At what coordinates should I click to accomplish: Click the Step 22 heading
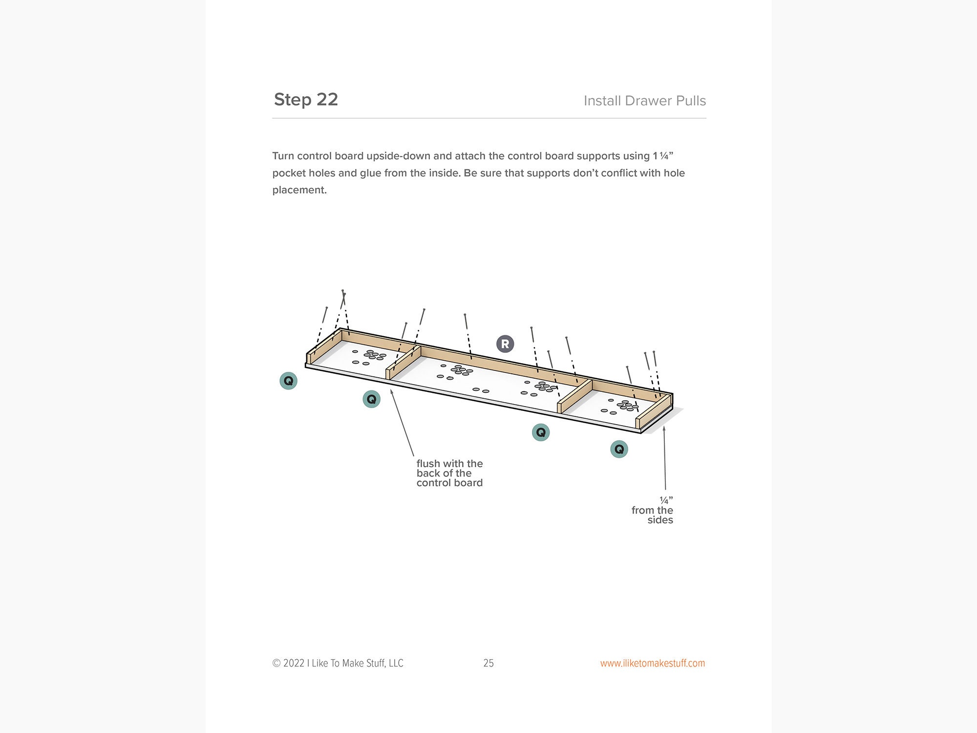pyautogui.click(x=306, y=99)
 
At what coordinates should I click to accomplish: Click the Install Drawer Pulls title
pyautogui.click(x=644, y=101)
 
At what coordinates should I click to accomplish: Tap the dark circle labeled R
pyautogui.click(x=505, y=344)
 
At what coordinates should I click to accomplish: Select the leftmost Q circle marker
pyautogui.click(x=288, y=381)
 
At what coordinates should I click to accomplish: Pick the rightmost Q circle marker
pyautogui.click(x=619, y=449)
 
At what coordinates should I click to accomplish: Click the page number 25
pyautogui.click(x=488, y=663)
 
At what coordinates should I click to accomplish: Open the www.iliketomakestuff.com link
pyautogui.click(x=652, y=663)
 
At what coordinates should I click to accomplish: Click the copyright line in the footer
pyautogui.click(x=338, y=663)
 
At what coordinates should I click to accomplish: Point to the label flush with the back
pyautogui.click(x=449, y=473)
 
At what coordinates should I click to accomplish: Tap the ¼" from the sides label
pyautogui.click(x=653, y=510)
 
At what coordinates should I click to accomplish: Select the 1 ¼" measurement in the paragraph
pyautogui.click(x=663, y=156)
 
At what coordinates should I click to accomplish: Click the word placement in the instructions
pyautogui.click(x=299, y=190)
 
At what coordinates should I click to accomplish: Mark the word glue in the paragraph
pyautogui.click(x=370, y=173)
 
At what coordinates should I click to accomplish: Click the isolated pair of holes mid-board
pyautogui.click(x=481, y=390)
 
